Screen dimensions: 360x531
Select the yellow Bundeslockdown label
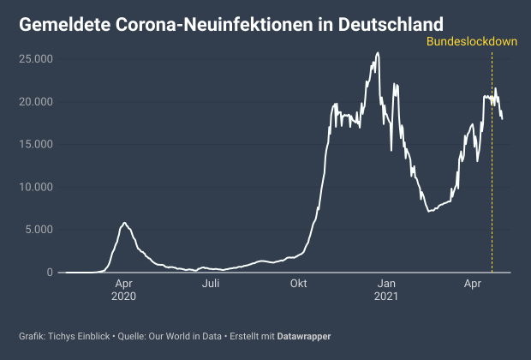(x=471, y=41)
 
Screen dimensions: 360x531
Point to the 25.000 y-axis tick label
(x=37, y=58)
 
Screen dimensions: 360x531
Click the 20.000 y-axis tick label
(x=37, y=101)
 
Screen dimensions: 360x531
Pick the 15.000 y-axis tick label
(x=37, y=144)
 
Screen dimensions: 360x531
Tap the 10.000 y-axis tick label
(x=37, y=187)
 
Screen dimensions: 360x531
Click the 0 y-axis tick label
(x=49, y=273)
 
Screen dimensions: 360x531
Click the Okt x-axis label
(x=299, y=284)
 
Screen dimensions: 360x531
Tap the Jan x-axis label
(x=387, y=284)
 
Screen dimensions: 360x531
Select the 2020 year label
(x=124, y=297)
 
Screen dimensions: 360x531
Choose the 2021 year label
(x=387, y=297)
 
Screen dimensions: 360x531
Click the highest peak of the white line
(x=378, y=53)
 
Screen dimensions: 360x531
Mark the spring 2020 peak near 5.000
(x=124, y=223)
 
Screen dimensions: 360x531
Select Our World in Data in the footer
(x=186, y=336)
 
